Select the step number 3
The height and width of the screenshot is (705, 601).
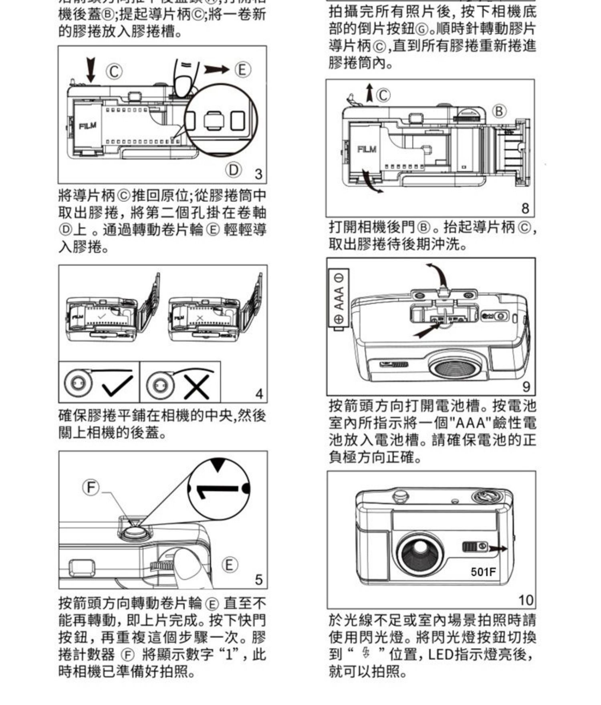(x=258, y=174)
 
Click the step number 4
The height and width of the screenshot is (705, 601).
(x=259, y=394)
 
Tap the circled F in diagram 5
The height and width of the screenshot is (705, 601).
(x=91, y=487)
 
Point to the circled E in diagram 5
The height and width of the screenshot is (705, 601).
(x=229, y=565)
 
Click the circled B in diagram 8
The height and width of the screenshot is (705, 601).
(x=499, y=111)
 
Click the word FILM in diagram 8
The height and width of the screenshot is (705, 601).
(x=367, y=149)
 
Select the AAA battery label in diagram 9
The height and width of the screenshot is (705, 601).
(x=339, y=299)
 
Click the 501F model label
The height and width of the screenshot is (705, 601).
(x=483, y=571)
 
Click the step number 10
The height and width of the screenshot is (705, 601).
(x=526, y=600)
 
